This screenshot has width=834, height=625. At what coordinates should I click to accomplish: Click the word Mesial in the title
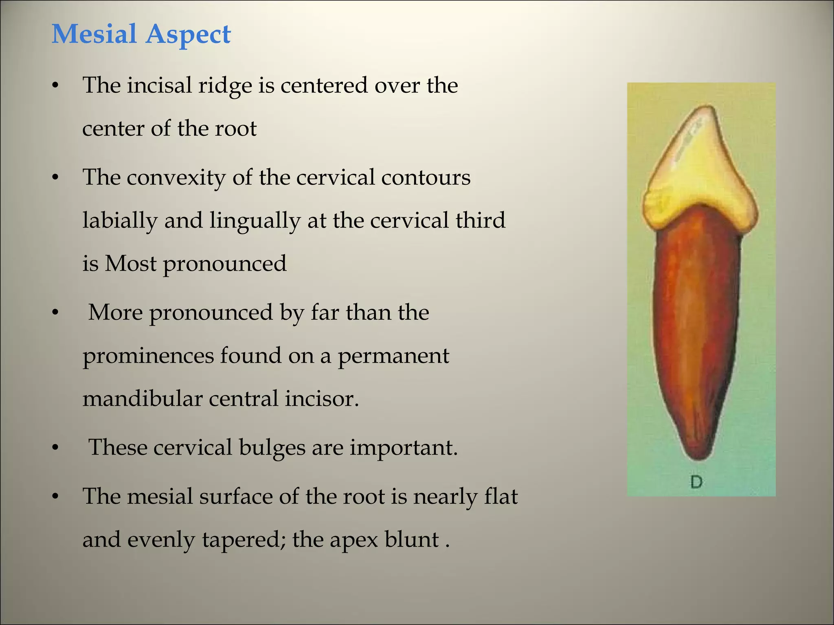pyautogui.click(x=94, y=34)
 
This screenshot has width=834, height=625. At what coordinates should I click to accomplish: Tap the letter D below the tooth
pyautogui.click(x=696, y=482)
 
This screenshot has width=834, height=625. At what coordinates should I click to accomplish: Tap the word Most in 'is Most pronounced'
pyautogui.click(x=130, y=264)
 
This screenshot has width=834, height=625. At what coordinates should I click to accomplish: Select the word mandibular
pyautogui.click(x=142, y=398)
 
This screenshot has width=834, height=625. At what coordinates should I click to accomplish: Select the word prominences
pyautogui.click(x=148, y=356)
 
